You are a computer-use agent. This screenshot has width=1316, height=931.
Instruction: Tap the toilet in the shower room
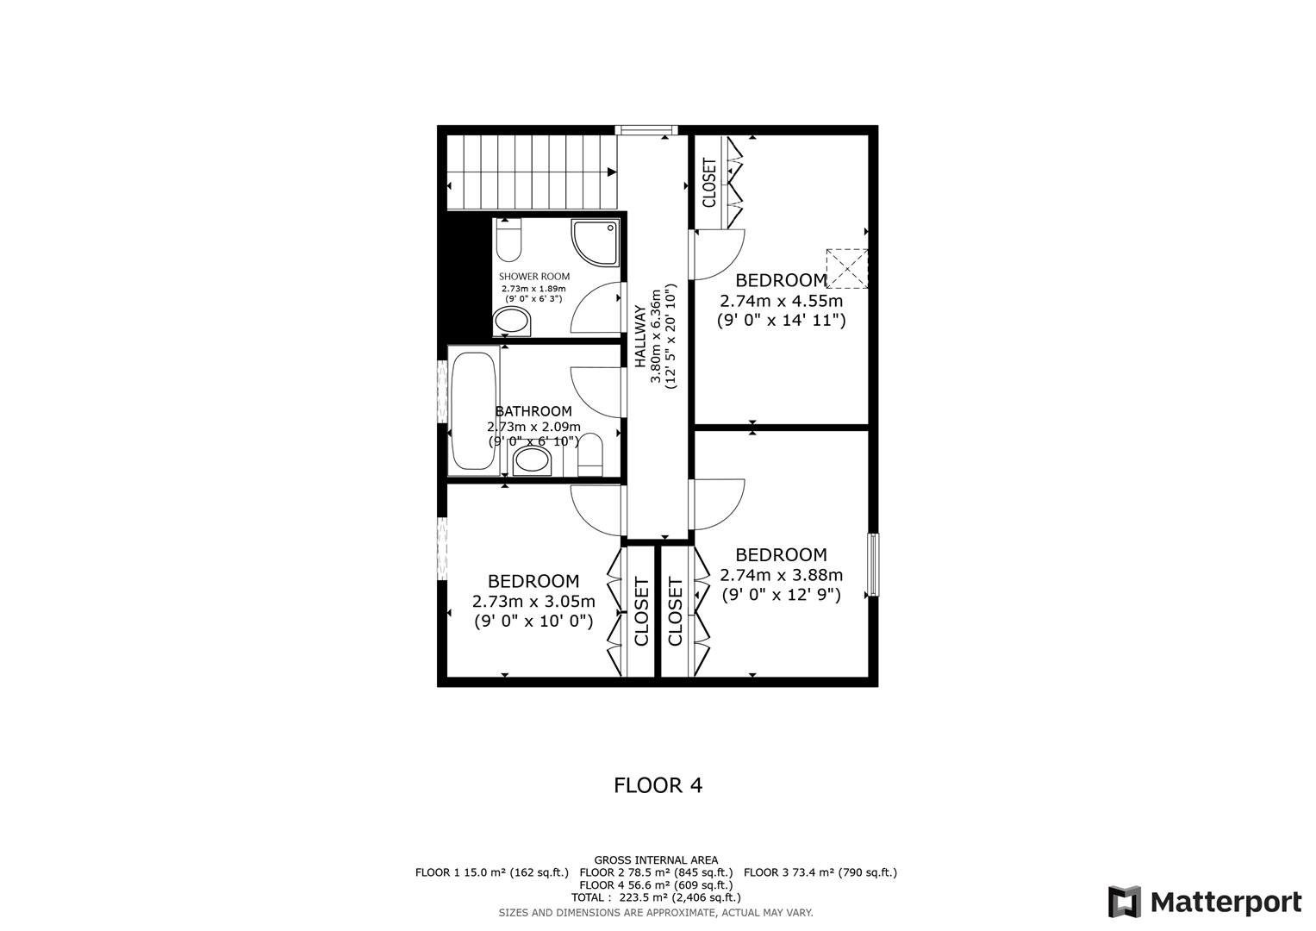[x=509, y=241]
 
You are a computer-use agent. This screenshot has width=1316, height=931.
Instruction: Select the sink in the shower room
[x=512, y=322]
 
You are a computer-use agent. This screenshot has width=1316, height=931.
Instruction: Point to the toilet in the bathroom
[x=590, y=454]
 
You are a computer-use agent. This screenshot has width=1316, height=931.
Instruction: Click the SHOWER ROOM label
[x=534, y=277]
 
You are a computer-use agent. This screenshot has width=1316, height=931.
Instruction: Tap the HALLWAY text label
[x=640, y=336]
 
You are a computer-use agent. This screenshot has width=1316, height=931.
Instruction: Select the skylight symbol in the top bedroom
[x=847, y=268]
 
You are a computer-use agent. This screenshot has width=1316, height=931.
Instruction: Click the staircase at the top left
[x=532, y=172]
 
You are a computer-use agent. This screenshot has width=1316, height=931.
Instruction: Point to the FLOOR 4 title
[x=658, y=785]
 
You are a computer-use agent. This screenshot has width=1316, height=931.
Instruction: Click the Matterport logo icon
[x=1125, y=903]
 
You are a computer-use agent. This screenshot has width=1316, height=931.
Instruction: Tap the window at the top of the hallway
[x=646, y=130]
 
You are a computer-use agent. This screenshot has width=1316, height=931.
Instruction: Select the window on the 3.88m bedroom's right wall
[x=873, y=565]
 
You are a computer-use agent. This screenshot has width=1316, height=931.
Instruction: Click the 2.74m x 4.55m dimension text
[x=781, y=301]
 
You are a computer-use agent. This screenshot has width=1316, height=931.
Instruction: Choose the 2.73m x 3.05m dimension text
[x=533, y=601]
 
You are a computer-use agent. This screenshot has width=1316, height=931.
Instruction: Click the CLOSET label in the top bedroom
[x=709, y=183]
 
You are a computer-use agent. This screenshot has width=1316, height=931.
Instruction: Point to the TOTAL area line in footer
[x=656, y=897]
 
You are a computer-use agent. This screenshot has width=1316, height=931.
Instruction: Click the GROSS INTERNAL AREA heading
[x=656, y=859]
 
